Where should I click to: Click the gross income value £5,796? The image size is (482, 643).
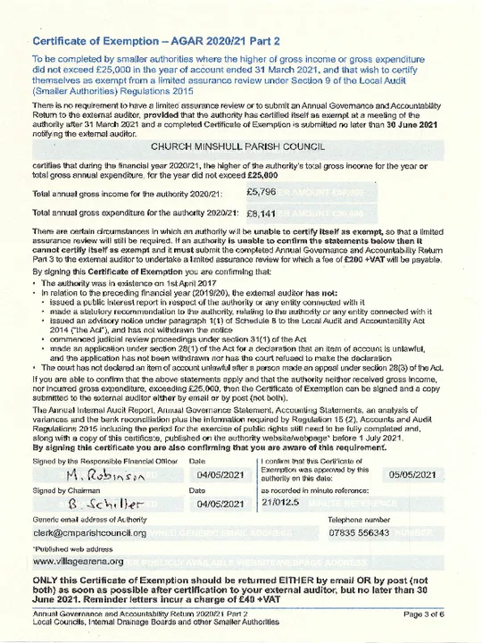pos(262,192)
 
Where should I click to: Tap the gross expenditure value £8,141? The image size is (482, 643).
pos(262,213)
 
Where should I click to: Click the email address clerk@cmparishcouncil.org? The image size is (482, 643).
pos(88,533)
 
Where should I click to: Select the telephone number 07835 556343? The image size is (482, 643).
pos(359,533)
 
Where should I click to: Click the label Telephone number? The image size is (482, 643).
pos(359,519)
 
